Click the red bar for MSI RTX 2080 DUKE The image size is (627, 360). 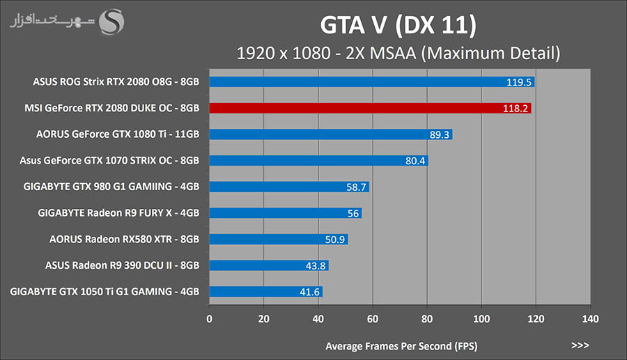[x=369, y=108]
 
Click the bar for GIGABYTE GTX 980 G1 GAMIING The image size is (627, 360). [x=288, y=187]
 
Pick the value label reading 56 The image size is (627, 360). [x=353, y=213]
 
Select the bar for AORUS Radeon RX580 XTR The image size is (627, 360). [x=278, y=240]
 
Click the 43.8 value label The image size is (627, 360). [x=315, y=265]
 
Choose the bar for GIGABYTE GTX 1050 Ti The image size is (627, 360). [x=265, y=292]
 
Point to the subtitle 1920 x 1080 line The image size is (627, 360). [x=398, y=53]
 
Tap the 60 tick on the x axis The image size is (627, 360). [x=372, y=319]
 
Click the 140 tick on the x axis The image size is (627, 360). [x=589, y=319]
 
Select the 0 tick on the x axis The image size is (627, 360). [x=210, y=319]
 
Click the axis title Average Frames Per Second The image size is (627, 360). [x=401, y=345]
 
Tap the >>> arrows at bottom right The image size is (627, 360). [x=580, y=345]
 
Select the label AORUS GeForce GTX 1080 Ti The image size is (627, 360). [x=118, y=134]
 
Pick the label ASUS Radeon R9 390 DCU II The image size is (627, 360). [x=122, y=265]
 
